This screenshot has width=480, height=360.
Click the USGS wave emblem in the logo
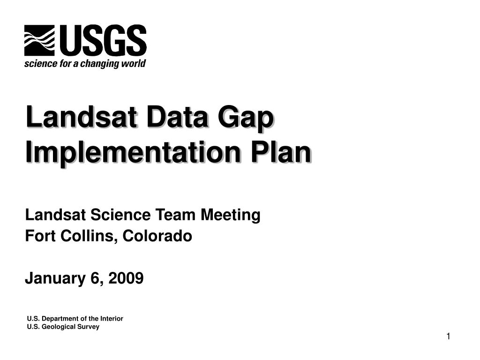(x=39, y=40)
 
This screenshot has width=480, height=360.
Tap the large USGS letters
(x=103, y=40)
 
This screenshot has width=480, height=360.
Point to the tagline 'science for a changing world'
(x=85, y=63)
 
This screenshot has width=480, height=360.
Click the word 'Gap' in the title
(x=246, y=118)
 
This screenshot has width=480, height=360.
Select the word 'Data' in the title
(x=178, y=117)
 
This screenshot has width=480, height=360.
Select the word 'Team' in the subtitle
(x=175, y=215)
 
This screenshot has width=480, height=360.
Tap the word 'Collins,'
(x=89, y=236)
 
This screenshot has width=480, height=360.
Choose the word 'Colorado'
(x=157, y=236)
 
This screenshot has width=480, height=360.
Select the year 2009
(x=126, y=278)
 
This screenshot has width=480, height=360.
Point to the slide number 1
(x=448, y=337)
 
